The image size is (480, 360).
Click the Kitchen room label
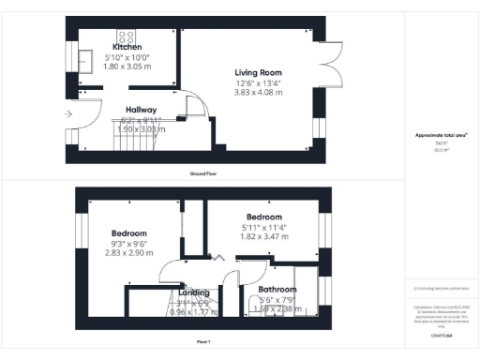(x=127, y=46)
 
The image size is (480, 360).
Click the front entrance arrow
(x=67, y=114)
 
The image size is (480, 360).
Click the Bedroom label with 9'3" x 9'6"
(x=129, y=232)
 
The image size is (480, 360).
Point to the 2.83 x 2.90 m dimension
(x=129, y=253)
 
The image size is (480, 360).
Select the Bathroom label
(x=277, y=290)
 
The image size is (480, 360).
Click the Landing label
(x=194, y=292)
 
